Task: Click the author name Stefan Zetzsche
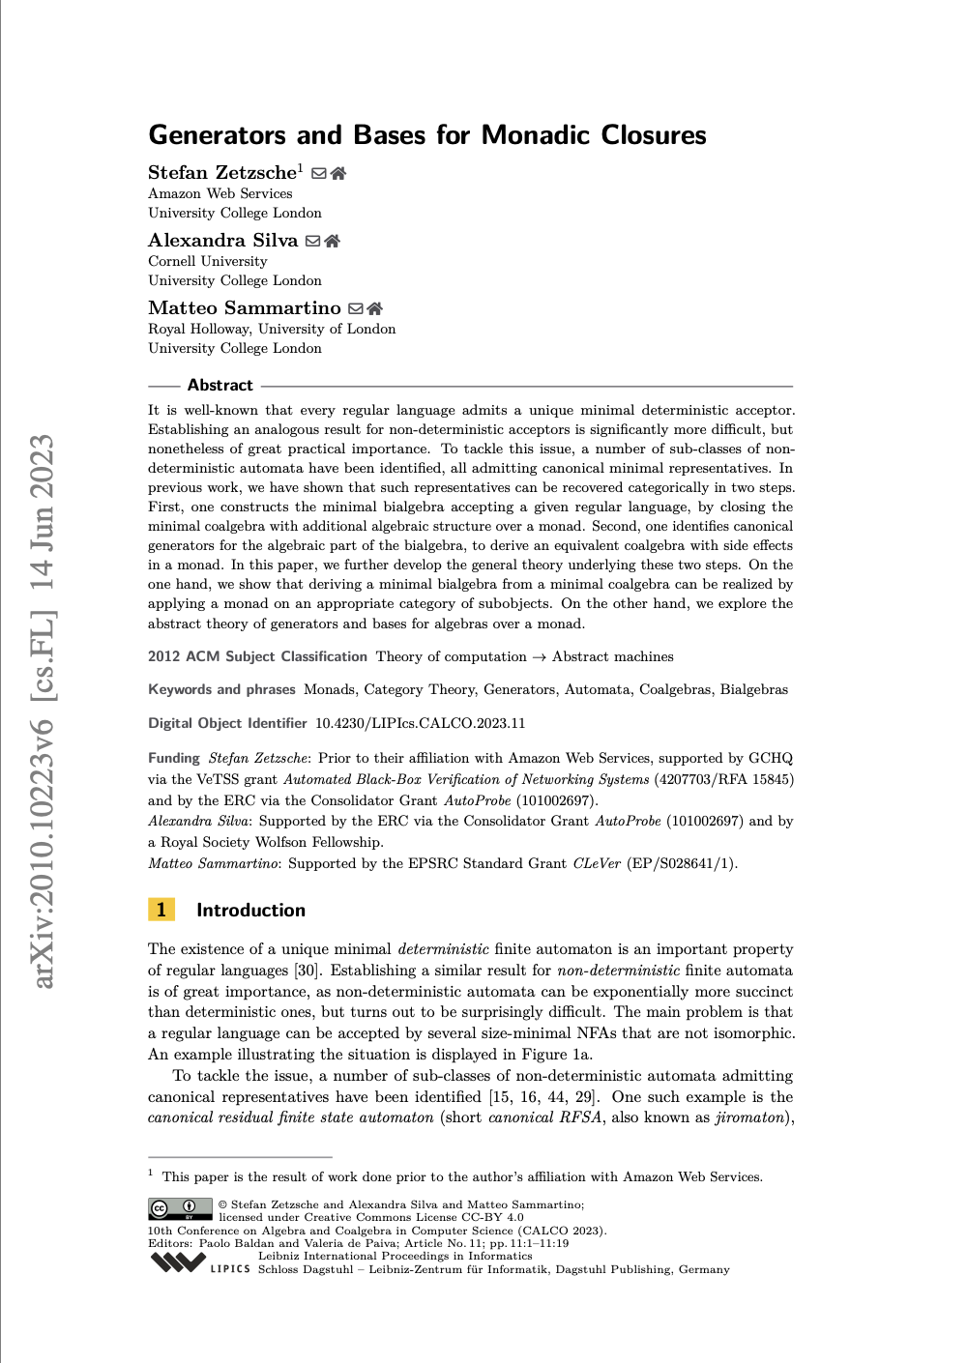click(x=222, y=172)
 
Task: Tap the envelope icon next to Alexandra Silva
click(x=312, y=241)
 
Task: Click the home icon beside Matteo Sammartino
click(x=375, y=308)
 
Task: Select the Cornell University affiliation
click(x=208, y=261)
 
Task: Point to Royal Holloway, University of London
click(x=272, y=329)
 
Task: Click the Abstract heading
click(x=220, y=385)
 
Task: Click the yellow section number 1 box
click(x=161, y=910)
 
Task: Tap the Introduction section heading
click(x=250, y=910)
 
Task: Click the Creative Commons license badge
click(x=180, y=1208)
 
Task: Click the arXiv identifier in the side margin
click(x=43, y=710)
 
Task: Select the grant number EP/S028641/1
click(x=682, y=863)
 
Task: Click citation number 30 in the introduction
click(x=306, y=971)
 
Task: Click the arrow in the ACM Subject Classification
click(x=540, y=657)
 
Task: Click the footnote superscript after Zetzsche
click(x=301, y=167)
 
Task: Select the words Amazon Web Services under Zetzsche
click(x=220, y=193)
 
